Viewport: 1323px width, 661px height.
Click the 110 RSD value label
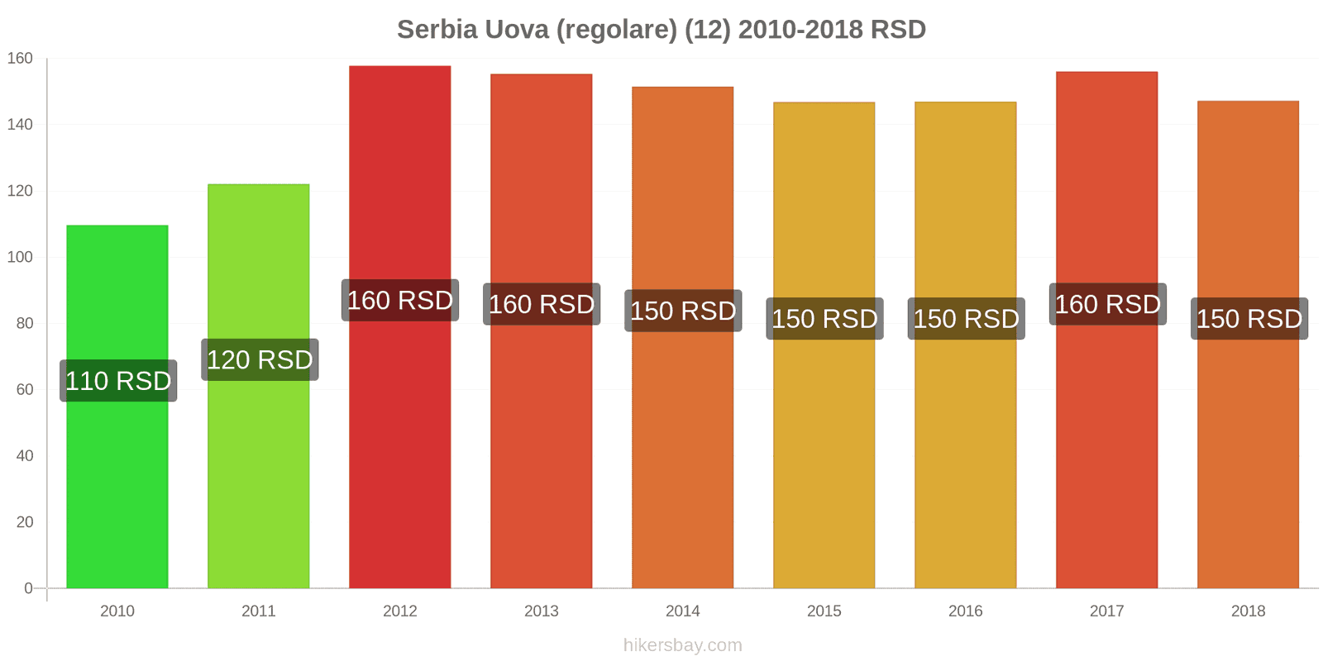coord(118,381)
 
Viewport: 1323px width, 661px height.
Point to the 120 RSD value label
coord(260,360)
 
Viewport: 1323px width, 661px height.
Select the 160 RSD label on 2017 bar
coord(1108,304)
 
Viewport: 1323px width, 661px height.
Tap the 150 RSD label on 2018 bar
coord(1249,319)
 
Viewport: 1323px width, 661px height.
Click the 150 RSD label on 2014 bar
coord(683,311)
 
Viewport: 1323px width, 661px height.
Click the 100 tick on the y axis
coord(20,257)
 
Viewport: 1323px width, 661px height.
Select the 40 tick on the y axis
coord(24,456)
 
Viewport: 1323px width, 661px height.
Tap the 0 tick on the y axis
coord(28,588)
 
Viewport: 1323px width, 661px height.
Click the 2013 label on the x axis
coord(542,611)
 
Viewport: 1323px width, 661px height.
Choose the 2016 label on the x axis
coord(966,611)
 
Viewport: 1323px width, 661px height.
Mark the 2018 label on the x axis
coord(1249,611)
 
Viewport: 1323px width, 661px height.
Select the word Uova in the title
coord(517,30)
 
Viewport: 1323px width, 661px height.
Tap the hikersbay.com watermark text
coord(683,645)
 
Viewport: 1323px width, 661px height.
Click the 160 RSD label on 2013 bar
coord(542,304)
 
